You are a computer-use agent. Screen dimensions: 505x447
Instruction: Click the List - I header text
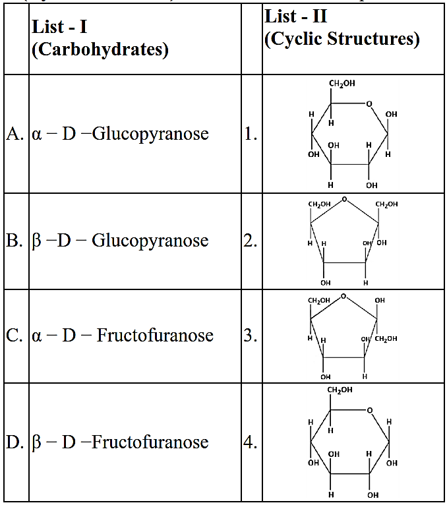click(59, 28)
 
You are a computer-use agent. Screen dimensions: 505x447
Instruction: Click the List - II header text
click(296, 16)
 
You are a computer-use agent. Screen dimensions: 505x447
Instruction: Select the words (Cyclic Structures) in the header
click(342, 39)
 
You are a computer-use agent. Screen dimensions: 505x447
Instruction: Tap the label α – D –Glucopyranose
click(120, 134)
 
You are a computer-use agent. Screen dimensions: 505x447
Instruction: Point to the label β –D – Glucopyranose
click(120, 241)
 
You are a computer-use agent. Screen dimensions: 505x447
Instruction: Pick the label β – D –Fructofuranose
click(120, 442)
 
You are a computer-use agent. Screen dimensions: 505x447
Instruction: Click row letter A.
click(15, 134)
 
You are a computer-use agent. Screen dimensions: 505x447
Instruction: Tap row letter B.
click(15, 241)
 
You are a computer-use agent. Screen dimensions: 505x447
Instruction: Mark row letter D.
click(15, 442)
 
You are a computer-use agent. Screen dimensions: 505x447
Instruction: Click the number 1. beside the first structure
click(250, 134)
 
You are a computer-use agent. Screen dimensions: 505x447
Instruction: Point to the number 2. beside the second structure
click(250, 241)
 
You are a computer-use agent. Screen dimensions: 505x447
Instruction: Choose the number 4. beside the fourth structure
click(250, 442)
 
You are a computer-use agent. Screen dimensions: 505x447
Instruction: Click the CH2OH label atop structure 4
click(340, 390)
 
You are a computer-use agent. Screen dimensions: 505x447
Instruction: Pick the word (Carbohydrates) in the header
click(99, 50)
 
